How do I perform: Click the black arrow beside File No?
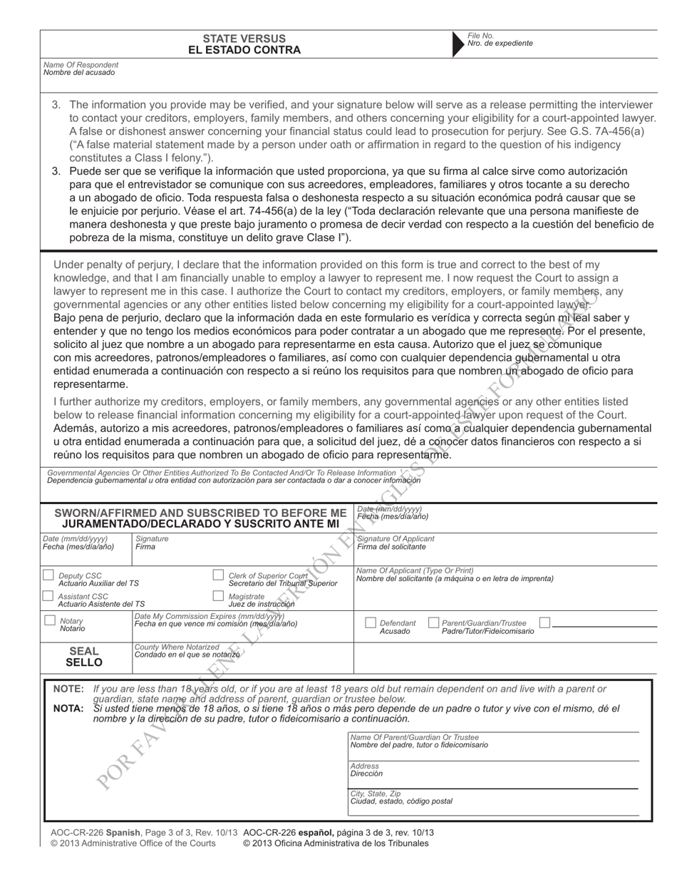pos(458,43)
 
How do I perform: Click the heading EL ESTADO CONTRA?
pos(244,50)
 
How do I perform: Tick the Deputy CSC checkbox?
pos(48,575)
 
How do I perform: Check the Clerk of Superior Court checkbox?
pos(219,575)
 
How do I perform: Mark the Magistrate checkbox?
pos(219,596)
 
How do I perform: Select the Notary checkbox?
pos(50,620)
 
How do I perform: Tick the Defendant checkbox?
pos(370,622)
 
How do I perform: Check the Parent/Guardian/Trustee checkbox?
pos(433,622)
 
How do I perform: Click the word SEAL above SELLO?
pos(84,651)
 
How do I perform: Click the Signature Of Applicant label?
pos(396,538)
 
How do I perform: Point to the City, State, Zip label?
pos(376,793)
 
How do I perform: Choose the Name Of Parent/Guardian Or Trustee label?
pos(415,737)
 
